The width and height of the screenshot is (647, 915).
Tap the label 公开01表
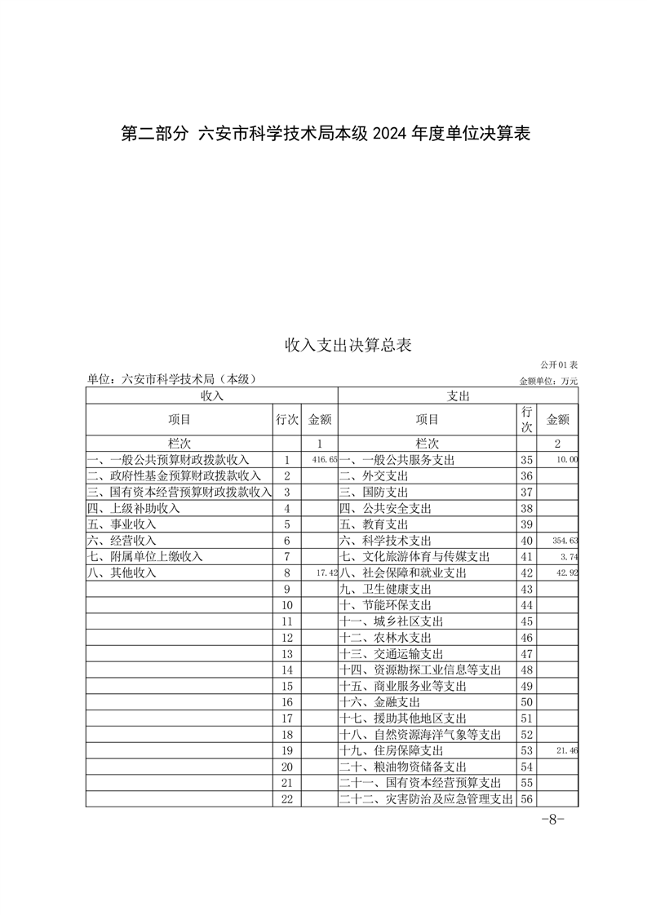(558, 365)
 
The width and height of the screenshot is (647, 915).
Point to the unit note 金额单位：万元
(548, 381)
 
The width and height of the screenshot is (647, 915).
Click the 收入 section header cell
(211, 396)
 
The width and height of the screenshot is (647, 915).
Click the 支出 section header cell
(458, 396)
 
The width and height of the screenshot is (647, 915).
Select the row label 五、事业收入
(122, 524)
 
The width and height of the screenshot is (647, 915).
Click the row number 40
(526, 541)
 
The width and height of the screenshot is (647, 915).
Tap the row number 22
(286, 798)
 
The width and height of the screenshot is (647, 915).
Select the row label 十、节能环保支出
(385, 605)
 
